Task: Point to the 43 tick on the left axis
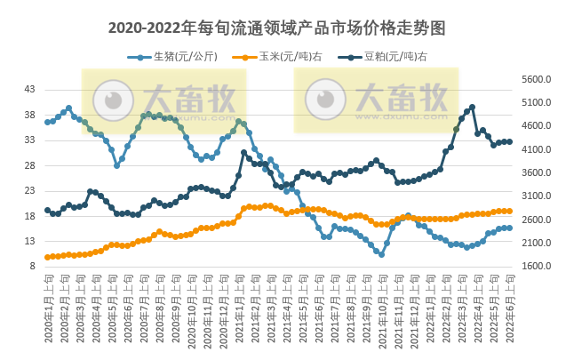tap(30, 90)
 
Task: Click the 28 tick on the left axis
tap(30, 165)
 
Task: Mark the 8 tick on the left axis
tap(33, 266)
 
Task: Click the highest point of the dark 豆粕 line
tap(472, 107)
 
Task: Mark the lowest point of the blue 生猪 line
tap(381, 254)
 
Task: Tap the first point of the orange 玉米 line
tap(47, 257)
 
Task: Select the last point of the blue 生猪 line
tap(509, 228)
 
